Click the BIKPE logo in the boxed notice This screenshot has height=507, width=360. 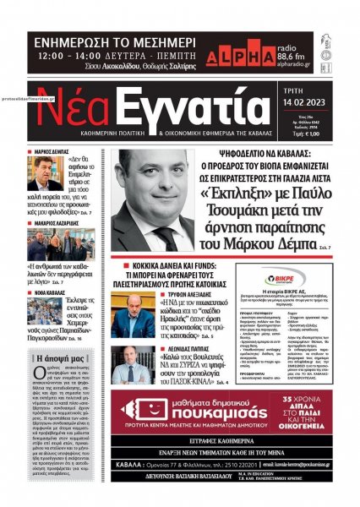(286, 275)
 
